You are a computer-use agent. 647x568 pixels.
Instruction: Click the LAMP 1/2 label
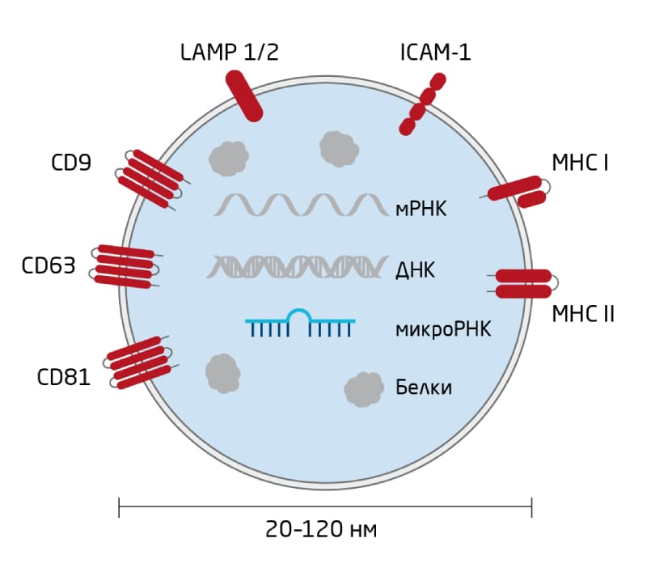(x=230, y=52)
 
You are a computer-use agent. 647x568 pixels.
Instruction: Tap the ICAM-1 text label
(x=435, y=53)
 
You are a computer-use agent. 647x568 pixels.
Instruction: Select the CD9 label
(x=71, y=162)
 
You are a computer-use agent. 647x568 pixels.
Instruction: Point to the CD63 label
(x=49, y=265)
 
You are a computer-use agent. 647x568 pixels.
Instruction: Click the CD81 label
(x=64, y=377)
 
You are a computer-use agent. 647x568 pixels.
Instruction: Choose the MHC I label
(x=580, y=163)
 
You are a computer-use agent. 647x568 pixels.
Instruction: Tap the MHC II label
(x=583, y=314)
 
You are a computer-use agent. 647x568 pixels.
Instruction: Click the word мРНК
(x=421, y=209)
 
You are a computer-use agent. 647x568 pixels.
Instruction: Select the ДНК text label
(x=415, y=270)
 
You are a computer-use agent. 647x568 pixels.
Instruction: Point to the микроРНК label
(x=443, y=329)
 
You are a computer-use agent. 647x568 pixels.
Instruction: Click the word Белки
(x=423, y=388)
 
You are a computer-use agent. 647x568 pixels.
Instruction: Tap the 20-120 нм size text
(x=321, y=529)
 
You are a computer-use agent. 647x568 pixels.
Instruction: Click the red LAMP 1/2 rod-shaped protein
(x=244, y=96)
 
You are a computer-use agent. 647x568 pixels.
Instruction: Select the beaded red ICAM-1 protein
(x=422, y=104)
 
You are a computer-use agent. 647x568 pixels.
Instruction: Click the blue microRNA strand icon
(x=300, y=323)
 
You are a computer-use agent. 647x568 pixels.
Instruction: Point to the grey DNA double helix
(x=298, y=266)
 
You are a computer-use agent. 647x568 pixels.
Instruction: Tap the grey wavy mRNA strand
(x=302, y=206)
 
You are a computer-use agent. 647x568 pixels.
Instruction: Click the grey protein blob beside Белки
(x=364, y=389)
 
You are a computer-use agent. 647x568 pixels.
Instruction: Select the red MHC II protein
(x=523, y=283)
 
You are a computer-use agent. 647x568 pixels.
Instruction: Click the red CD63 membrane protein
(x=125, y=266)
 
